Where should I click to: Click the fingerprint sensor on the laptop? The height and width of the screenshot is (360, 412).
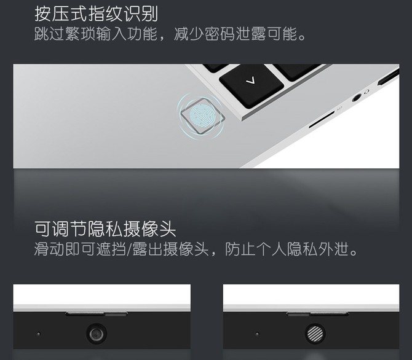[202, 116]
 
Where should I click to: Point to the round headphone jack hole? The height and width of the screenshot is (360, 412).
[356, 98]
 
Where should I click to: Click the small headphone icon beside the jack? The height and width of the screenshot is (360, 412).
[366, 92]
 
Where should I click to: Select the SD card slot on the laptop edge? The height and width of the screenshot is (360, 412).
[322, 119]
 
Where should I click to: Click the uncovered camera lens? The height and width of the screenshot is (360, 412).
[96, 334]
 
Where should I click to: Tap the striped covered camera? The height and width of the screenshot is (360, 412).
[315, 334]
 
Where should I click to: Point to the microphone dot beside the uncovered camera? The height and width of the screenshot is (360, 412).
[39, 334]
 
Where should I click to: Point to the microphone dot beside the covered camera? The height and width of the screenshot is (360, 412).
[257, 334]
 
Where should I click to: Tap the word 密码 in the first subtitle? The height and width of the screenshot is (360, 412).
[220, 34]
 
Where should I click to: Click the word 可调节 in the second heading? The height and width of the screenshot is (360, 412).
[60, 229]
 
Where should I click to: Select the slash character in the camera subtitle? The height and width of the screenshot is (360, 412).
[129, 249]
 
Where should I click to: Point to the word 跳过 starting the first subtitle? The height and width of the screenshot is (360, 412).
[49, 34]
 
